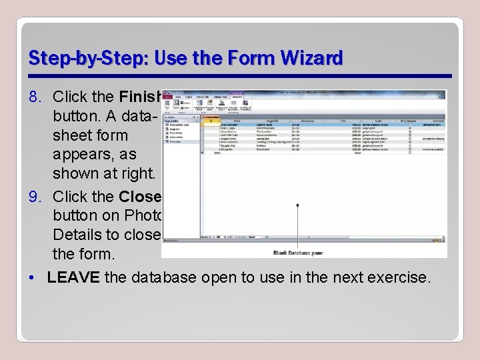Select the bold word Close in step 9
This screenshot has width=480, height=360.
(x=139, y=197)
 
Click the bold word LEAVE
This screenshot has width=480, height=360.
(x=73, y=277)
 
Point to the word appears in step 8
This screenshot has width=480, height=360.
(x=81, y=154)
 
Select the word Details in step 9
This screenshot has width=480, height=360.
(x=79, y=235)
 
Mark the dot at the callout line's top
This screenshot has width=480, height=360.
(x=297, y=205)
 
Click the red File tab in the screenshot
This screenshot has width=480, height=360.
(x=167, y=95)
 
